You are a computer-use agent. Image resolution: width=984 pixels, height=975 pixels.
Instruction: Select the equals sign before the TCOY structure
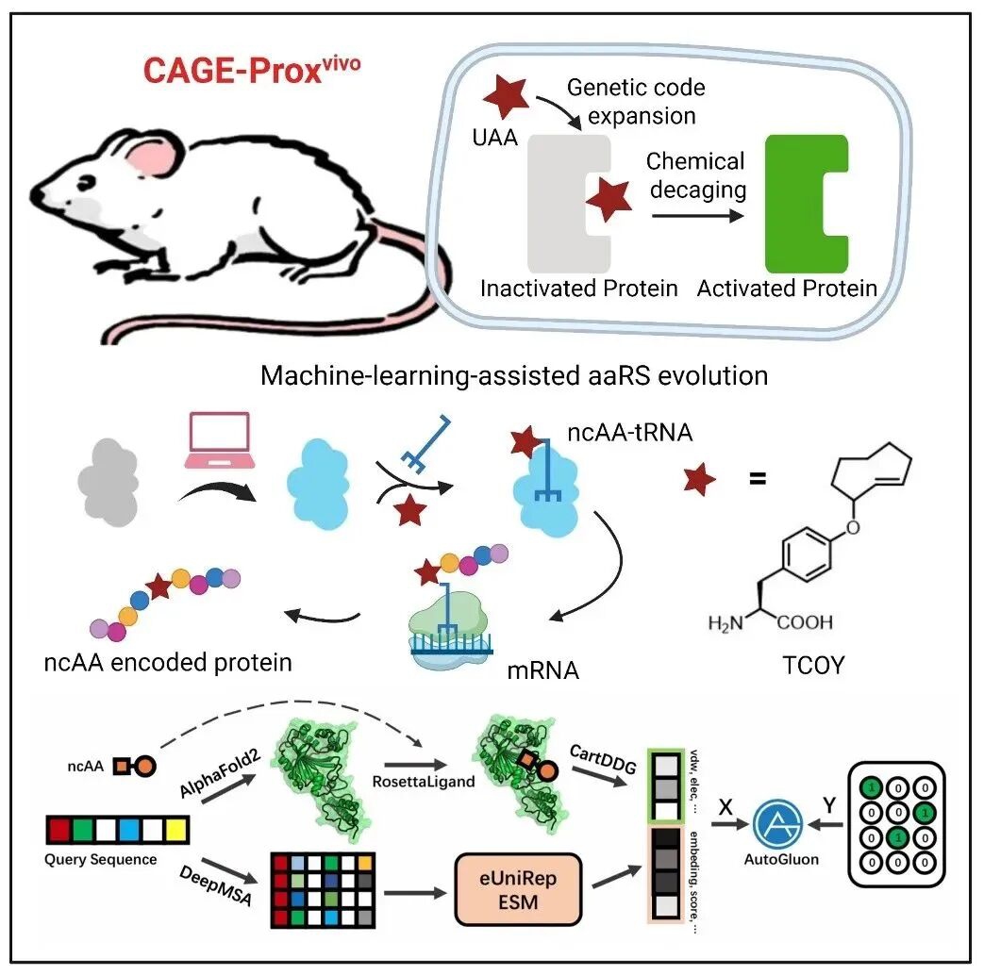[x=757, y=478]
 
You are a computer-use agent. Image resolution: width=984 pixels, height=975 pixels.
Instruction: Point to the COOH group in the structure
[x=804, y=622]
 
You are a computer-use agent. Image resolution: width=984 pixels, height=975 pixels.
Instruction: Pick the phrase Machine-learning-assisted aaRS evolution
[x=514, y=374]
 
